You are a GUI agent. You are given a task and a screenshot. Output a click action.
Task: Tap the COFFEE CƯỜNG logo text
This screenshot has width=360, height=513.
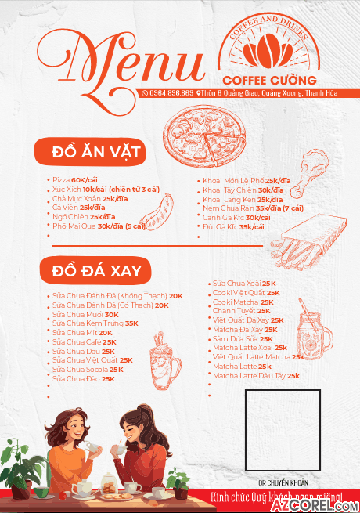(269, 80)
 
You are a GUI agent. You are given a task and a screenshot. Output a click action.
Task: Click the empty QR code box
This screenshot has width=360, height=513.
(282, 427)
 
